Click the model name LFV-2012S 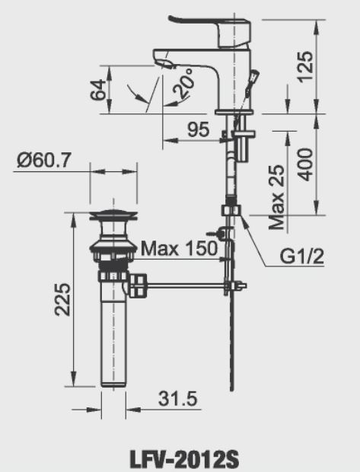180,460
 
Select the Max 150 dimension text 178,247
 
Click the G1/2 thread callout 301,257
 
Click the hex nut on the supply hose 230,211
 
